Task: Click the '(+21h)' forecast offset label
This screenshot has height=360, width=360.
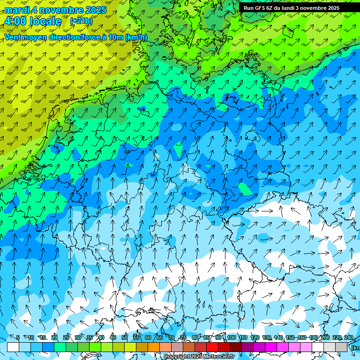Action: pos(81,21)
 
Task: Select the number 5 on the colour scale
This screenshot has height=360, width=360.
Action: pos(18,337)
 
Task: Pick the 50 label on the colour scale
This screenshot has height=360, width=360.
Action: pos(124,337)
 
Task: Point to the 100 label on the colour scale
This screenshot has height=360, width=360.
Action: pos(231,337)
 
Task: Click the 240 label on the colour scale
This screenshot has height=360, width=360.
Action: pos(348,337)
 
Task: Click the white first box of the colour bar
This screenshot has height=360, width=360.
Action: pos(13,347)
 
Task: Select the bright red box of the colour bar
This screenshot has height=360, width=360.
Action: pos(212,347)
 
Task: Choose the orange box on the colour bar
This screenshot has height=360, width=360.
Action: pos(154,347)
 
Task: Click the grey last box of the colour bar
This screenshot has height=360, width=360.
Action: pos(341,347)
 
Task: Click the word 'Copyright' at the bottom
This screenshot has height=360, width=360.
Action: pos(176,357)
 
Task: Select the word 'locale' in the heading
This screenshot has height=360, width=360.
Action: pos(45,21)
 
